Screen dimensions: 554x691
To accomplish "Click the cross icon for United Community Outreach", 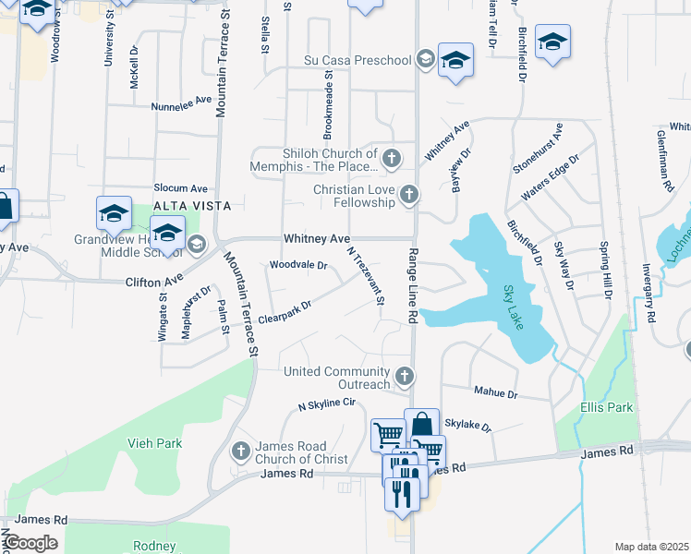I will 404,376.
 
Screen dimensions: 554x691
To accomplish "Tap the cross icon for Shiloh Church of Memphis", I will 392,160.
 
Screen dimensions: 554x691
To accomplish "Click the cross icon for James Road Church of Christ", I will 240,451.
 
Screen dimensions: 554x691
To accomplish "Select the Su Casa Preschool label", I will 358,61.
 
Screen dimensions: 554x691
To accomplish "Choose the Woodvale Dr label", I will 297,265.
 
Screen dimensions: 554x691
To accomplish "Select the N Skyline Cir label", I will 326,404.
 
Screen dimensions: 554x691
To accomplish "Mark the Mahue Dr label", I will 495,392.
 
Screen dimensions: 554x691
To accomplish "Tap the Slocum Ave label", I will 180,187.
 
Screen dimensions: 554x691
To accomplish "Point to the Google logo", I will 30,543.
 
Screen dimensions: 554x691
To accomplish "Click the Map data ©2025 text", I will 651,547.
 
